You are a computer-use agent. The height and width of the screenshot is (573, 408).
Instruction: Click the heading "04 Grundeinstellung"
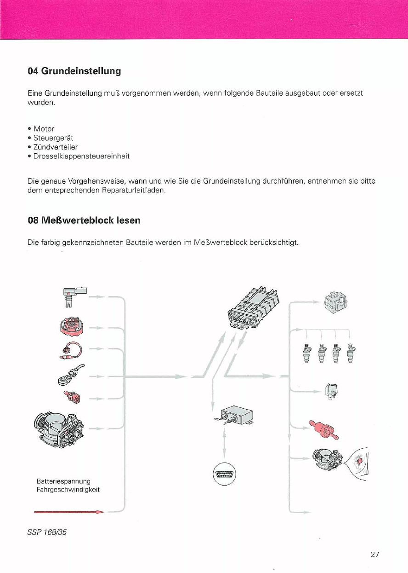(74, 71)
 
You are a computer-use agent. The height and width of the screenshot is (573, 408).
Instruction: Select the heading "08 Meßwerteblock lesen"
(84, 220)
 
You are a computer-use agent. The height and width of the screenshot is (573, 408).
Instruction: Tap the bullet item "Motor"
(44, 129)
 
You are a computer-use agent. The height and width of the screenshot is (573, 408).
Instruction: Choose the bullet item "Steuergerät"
(53, 138)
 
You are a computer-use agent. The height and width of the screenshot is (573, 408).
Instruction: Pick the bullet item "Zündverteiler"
(56, 147)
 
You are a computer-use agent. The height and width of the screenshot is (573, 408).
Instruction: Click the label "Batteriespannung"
(63, 481)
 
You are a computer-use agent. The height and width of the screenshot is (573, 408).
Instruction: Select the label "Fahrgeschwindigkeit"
(68, 490)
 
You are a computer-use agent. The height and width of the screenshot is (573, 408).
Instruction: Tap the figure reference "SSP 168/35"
(47, 532)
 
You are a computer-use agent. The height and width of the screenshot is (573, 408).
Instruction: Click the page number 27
(375, 554)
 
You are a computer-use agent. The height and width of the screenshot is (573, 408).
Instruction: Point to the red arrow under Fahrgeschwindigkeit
(69, 511)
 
